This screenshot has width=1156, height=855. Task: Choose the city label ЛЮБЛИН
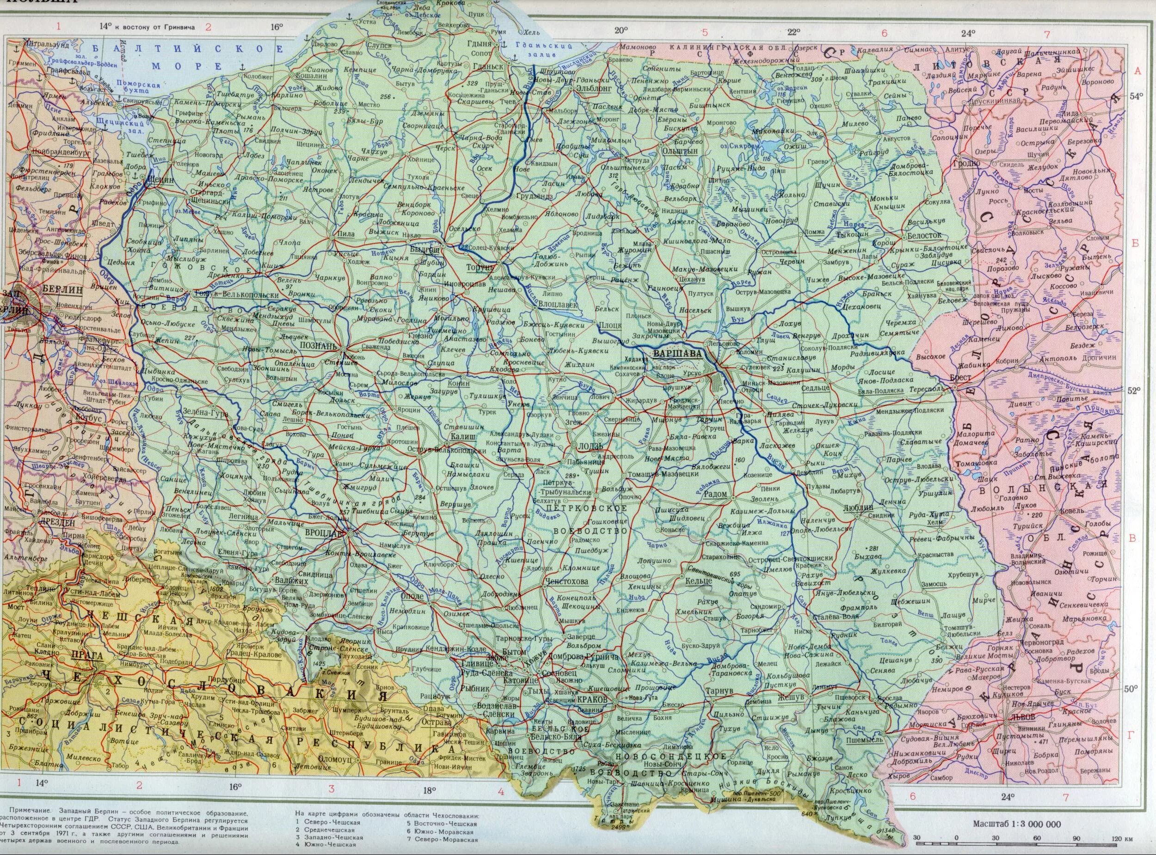coord(859,508)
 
